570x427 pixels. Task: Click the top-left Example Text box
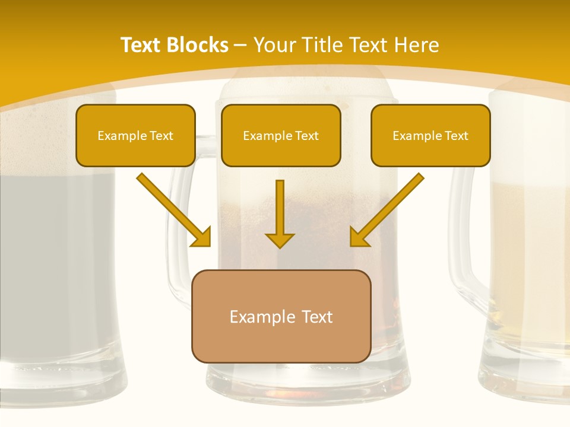coord(135,136)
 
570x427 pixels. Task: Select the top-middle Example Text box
coord(281,136)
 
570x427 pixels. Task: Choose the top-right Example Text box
coord(430,136)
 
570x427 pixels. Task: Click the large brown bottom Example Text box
coord(281,317)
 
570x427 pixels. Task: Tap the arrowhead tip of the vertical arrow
coord(280,246)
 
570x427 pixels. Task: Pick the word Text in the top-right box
coord(456,136)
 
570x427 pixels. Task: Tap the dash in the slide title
coord(240,45)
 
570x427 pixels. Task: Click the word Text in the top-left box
coord(161,136)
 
